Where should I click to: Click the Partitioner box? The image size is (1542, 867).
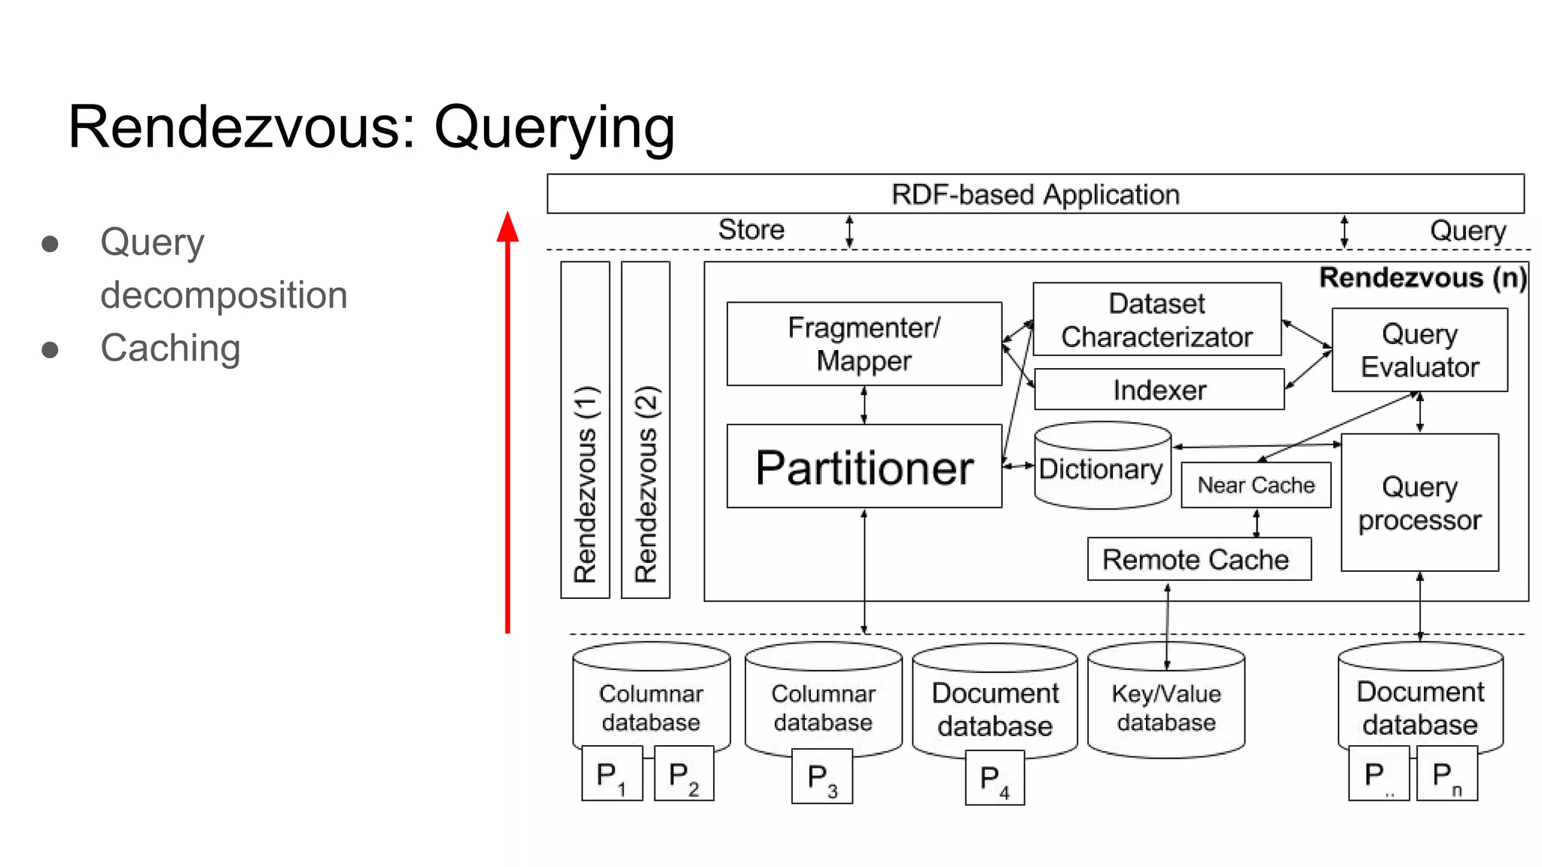tap(864, 467)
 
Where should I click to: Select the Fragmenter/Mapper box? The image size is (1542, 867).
tap(864, 344)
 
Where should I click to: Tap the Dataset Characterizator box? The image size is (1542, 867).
tap(1156, 320)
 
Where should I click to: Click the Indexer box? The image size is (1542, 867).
tap(1159, 390)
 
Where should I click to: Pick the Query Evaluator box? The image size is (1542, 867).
tap(1419, 350)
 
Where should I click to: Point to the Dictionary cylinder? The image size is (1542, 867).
tap(1102, 468)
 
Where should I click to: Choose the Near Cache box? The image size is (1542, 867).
tap(1256, 485)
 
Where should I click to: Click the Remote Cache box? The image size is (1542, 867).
tap(1199, 559)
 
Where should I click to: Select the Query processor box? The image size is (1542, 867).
tap(1419, 503)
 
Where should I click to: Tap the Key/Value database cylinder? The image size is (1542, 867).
tap(1166, 707)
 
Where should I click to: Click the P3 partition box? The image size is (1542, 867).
tap(821, 777)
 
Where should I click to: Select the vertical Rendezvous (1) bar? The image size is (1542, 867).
tap(585, 430)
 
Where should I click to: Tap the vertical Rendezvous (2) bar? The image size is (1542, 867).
tap(645, 430)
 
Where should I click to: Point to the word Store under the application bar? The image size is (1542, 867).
tap(751, 230)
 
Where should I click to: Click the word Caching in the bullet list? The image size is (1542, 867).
tap(170, 348)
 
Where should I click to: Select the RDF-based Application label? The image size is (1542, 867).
tap(1035, 194)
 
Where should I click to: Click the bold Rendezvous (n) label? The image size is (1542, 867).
tap(1422, 278)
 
